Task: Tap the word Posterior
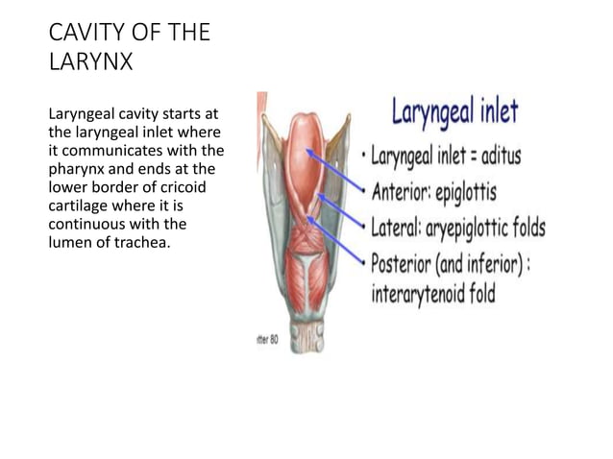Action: [x=406, y=262]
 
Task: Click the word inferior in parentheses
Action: [x=504, y=262]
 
